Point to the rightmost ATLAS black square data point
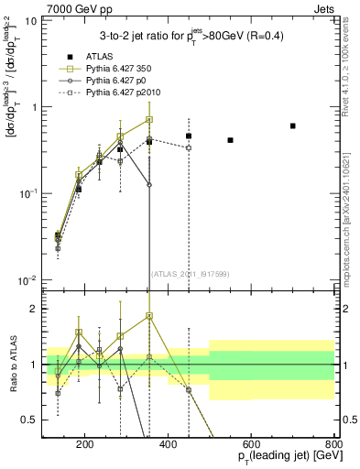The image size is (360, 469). tap(292, 125)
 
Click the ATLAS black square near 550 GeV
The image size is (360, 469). tap(230, 140)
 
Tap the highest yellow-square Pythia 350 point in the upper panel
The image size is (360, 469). tap(149, 119)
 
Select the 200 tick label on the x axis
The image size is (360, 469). tap(85, 444)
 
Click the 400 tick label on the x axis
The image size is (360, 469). tap(168, 444)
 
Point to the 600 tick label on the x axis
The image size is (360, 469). tap(251, 444)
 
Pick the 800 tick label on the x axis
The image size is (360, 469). tap(333, 444)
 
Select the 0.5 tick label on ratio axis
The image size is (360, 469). tap(30, 420)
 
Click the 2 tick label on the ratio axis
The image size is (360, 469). tap(34, 309)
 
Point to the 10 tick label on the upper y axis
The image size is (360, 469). tap(30, 20)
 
